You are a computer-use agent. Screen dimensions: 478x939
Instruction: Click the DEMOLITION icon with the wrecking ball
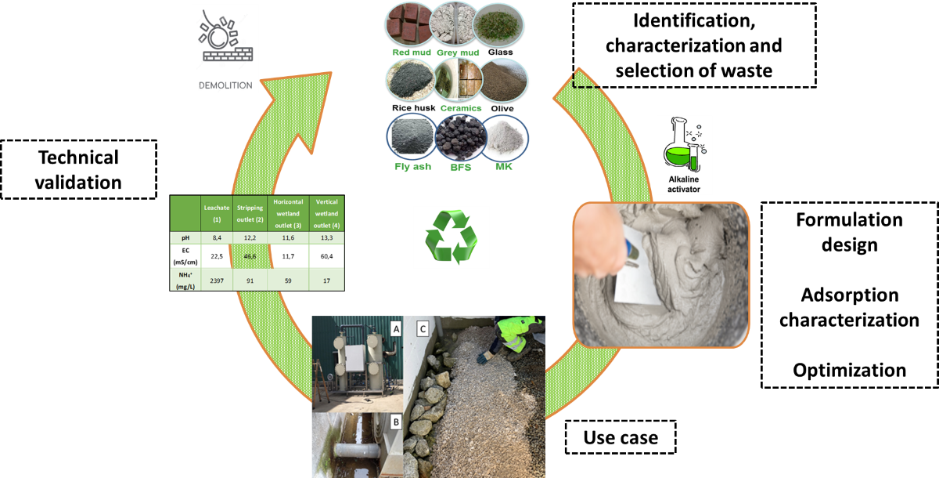(x=225, y=49)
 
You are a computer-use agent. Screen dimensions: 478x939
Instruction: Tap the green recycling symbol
(x=451, y=237)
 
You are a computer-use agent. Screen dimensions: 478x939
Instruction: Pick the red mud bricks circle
(x=409, y=24)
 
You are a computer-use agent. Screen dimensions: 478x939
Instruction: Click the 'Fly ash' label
(x=413, y=167)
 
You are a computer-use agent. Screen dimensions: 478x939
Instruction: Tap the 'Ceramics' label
(x=462, y=108)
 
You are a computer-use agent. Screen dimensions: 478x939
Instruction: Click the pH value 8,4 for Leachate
(x=217, y=237)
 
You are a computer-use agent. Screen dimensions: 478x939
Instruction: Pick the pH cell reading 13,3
(x=326, y=237)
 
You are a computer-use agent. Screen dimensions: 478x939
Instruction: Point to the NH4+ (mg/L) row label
(x=185, y=280)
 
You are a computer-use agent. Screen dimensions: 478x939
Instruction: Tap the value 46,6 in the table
(x=251, y=255)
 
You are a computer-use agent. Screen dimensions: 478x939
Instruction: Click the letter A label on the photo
(x=395, y=329)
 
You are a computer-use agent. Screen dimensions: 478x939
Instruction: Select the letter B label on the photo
(x=395, y=422)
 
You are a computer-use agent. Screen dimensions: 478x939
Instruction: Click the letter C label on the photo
(x=423, y=329)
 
